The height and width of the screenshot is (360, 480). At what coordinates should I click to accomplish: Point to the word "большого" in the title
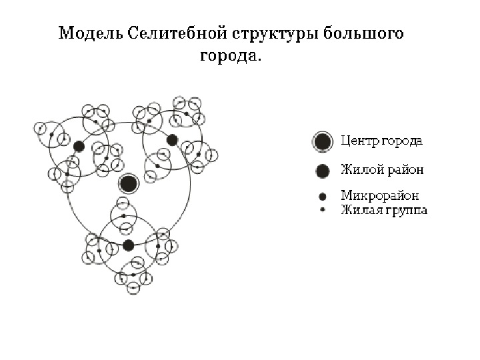[364, 33]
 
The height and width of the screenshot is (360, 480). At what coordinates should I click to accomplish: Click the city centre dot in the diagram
[129, 183]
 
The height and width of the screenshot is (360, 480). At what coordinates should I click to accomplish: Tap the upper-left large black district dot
[79, 146]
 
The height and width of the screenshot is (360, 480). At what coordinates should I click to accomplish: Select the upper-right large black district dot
[172, 140]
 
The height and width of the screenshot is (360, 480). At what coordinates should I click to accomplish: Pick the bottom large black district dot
[129, 245]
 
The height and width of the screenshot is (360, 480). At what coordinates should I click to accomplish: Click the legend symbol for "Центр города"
[322, 142]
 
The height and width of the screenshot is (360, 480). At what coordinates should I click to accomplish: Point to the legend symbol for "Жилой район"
[322, 171]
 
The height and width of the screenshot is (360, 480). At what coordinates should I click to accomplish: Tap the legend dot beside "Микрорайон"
[322, 197]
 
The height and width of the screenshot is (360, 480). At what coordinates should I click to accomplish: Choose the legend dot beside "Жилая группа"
[322, 210]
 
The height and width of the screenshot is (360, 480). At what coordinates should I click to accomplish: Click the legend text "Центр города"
[381, 141]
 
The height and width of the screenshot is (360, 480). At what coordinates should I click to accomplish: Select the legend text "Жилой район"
[381, 170]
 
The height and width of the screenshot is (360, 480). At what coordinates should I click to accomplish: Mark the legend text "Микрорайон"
[379, 197]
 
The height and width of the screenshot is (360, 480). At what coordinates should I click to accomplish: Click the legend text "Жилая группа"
[383, 211]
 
